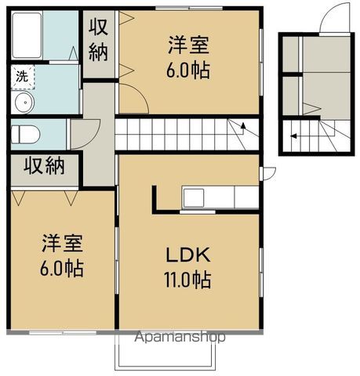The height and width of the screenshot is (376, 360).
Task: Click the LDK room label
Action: click(x=188, y=256)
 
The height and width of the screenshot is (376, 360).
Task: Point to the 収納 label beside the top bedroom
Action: click(x=100, y=43)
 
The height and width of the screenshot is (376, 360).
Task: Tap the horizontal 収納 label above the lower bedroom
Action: click(x=43, y=166)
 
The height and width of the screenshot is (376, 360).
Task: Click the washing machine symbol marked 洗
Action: click(x=19, y=77)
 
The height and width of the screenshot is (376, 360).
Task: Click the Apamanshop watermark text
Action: click(x=180, y=338)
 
